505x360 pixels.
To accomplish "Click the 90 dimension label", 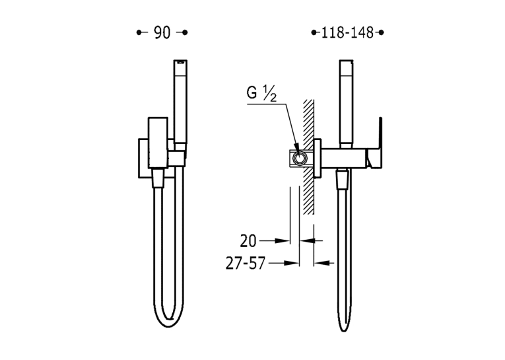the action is [162, 32].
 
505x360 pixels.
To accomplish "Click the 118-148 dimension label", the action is [347, 32].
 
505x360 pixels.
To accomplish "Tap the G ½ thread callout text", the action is [261, 94].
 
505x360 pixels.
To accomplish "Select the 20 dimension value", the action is [248, 241].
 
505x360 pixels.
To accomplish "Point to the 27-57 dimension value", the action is [246, 264].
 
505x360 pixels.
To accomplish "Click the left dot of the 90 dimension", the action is [139, 32].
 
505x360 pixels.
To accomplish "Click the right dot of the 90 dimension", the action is [185, 32].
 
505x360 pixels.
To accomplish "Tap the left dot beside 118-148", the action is [314, 32].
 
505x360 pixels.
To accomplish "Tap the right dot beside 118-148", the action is [382, 32].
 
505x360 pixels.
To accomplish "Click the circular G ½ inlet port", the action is [300, 159].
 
